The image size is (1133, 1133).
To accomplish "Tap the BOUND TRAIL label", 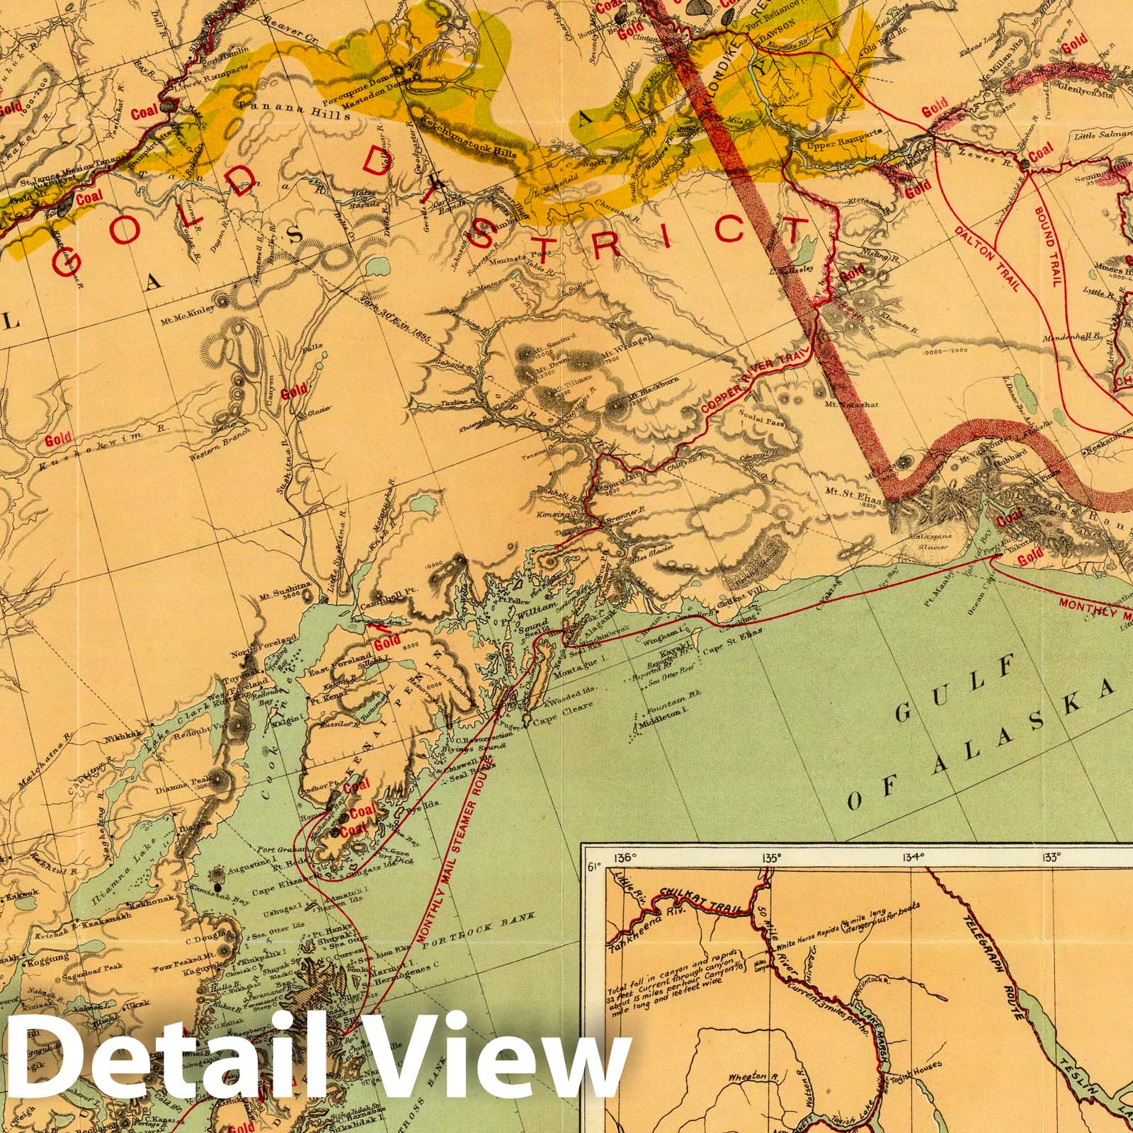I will [x=1046, y=246].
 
